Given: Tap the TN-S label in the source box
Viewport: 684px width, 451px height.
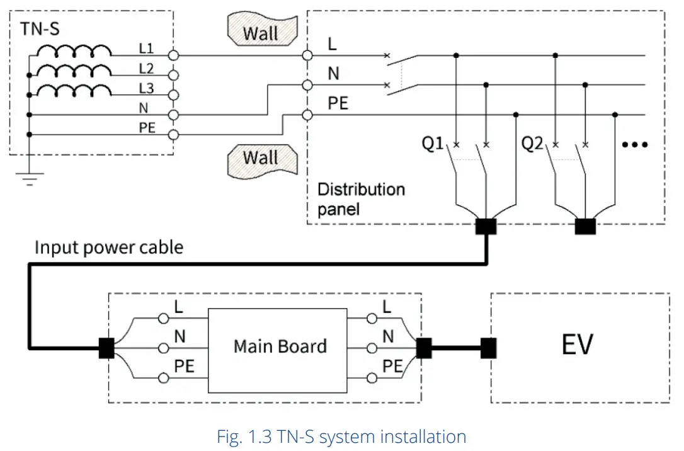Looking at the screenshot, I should (x=40, y=29).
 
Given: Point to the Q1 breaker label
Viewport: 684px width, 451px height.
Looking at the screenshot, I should (x=433, y=144).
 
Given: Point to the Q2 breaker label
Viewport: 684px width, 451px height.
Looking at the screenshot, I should (x=532, y=144).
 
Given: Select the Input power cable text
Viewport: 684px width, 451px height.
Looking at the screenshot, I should (x=109, y=247).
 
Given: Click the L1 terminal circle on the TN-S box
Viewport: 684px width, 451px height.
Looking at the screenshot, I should (x=173, y=55).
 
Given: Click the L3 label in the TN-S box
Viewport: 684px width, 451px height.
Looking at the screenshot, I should (x=146, y=89).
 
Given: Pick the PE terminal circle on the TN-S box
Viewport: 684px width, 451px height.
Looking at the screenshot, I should (x=173, y=134).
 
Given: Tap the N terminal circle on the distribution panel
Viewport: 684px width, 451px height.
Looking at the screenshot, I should (x=307, y=85).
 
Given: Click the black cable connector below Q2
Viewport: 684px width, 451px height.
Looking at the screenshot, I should (x=585, y=226).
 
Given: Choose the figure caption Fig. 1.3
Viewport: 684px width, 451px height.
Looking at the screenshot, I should (x=341, y=437).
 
